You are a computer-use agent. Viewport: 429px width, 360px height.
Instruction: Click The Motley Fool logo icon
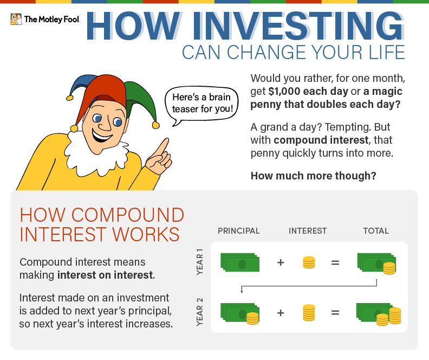pyautogui.click(x=16, y=19)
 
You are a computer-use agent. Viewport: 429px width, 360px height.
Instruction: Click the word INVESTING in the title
pyautogui.click(x=298, y=26)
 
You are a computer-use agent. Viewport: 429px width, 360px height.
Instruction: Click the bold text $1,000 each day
pyautogui.click(x=308, y=91)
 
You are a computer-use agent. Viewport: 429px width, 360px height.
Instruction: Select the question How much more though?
pyautogui.click(x=314, y=176)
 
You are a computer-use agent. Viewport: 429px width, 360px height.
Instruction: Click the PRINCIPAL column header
pyautogui.click(x=238, y=231)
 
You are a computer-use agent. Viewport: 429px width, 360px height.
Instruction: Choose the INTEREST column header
pyautogui.click(x=308, y=231)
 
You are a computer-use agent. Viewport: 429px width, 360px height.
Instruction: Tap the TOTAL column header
pyautogui.click(x=376, y=231)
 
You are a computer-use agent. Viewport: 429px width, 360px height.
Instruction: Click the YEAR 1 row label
pyautogui.click(x=200, y=262)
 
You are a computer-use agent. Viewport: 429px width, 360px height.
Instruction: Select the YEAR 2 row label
pyautogui.click(x=200, y=312)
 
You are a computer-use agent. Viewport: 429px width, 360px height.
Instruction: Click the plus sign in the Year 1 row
pyautogui.click(x=281, y=262)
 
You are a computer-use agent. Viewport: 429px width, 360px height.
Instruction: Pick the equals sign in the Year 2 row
pyautogui.click(x=335, y=312)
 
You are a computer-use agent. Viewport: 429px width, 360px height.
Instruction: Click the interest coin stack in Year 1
pyautogui.click(x=309, y=262)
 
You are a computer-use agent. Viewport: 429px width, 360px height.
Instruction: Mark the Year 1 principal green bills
pyautogui.click(x=240, y=262)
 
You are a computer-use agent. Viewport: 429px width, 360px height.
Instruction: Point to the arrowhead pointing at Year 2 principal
pyautogui.click(x=242, y=291)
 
